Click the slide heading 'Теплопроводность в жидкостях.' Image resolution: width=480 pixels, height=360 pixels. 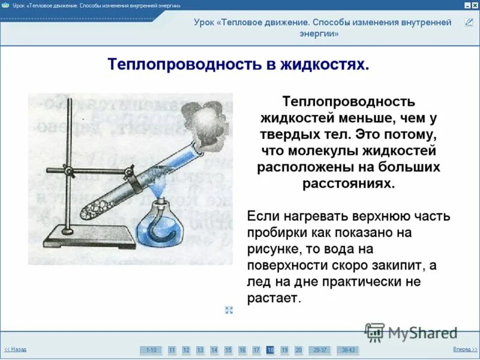coord(238,64)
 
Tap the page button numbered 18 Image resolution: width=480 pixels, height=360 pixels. coord(270,350)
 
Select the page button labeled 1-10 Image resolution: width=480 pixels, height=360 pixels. coord(151,350)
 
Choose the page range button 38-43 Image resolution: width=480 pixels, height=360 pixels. coord(347,350)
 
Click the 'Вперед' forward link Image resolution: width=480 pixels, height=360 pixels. coord(464,349)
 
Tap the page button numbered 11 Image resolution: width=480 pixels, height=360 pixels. coord(172,350)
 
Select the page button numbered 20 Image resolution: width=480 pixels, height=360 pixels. coord(298,350)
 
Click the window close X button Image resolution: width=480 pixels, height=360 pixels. coord(475,4)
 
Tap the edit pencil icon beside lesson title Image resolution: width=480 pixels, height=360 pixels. coord(469,23)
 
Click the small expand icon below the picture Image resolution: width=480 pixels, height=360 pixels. coord(229,310)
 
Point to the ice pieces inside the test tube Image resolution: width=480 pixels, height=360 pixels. coord(96,211)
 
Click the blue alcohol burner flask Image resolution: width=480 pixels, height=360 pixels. coord(159,225)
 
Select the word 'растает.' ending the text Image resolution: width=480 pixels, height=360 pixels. coord(272,298)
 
